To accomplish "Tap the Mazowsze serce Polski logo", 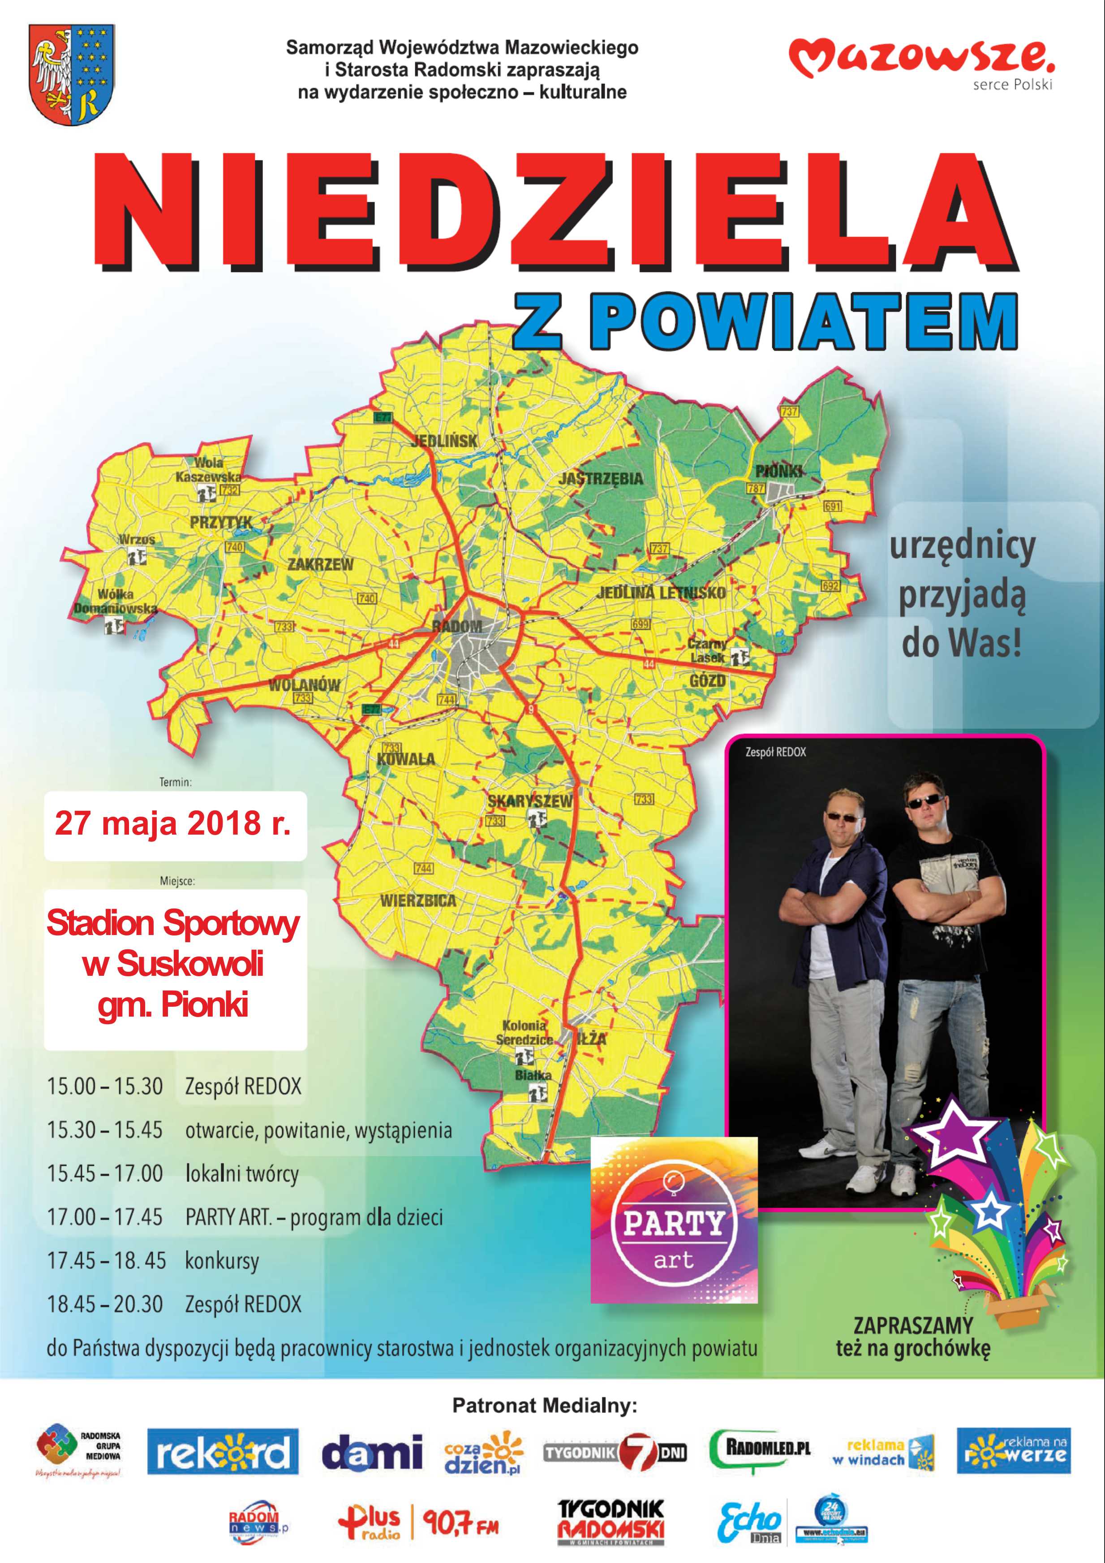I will [921, 64].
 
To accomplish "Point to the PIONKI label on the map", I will [778, 471].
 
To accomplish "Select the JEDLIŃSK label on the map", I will [443, 441].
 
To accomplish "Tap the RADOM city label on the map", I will [457, 626].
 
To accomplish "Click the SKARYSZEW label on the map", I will [530, 801].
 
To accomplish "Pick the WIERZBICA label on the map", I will [418, 901].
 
